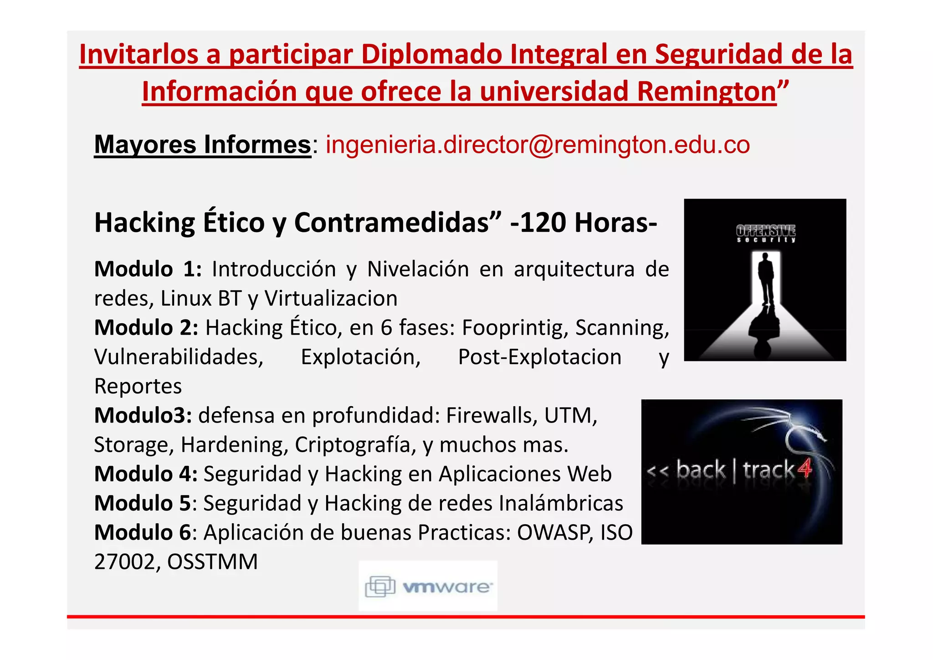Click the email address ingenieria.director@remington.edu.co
(x=538, y=145)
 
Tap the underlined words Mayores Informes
(x=202, y=145)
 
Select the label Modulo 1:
(x=148, y=269)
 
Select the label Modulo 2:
(x=146, y=328)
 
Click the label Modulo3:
(x=143, y=415)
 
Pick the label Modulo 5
(x=142, y=503)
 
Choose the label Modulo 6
(x=142, y=532)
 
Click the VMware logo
(x=428, y=586)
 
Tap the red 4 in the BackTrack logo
(x=805, y=469)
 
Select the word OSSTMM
(x=212, y=562)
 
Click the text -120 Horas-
(x=584, y=222)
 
